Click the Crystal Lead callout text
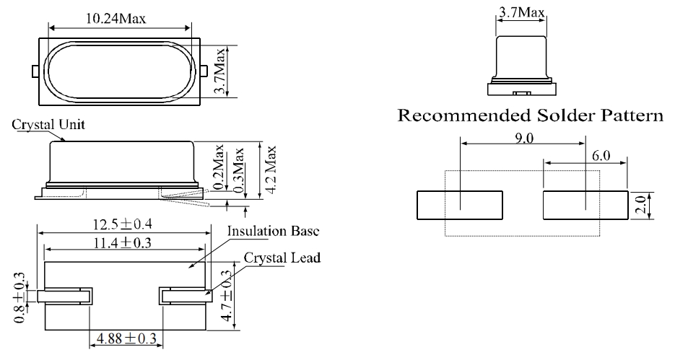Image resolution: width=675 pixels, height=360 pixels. pyautogui.click(x=282, y=257)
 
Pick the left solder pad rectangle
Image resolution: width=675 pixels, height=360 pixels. pyautogui.click(x=459, y=206)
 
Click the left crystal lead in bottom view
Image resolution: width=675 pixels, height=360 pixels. pyautogui.click(x=65, y=296)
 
